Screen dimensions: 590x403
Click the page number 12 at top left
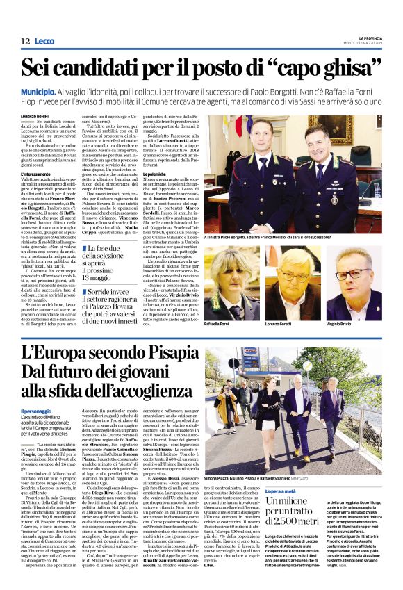(25, 42)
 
